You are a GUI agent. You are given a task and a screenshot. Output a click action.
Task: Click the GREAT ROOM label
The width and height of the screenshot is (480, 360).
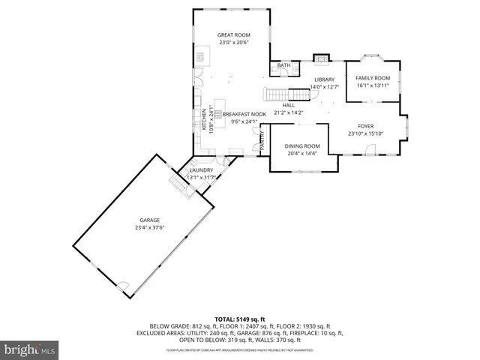click(233, 35)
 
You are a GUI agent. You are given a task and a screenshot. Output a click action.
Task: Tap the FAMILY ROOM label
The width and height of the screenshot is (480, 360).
click(373, 78)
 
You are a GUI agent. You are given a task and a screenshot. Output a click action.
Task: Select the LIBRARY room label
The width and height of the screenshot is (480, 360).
click(324, 79)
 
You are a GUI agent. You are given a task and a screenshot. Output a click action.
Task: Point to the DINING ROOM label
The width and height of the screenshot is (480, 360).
click(301, 146)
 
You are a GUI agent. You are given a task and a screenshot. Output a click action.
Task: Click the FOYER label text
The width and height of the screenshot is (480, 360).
click(365, 127)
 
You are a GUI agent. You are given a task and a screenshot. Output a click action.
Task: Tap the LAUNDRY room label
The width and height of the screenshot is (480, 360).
click(201, 170)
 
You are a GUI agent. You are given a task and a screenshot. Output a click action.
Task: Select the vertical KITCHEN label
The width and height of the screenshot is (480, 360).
click(204, 120)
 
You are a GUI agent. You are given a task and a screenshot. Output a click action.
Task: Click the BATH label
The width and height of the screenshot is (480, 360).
click(283, 66)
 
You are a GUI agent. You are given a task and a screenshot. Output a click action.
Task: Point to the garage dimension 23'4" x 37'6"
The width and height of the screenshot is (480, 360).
click(149, 227)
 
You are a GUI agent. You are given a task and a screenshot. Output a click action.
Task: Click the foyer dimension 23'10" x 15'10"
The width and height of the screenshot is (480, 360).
click(365, 134)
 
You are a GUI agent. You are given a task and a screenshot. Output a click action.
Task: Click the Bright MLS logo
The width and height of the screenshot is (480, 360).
click(30, 349)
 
